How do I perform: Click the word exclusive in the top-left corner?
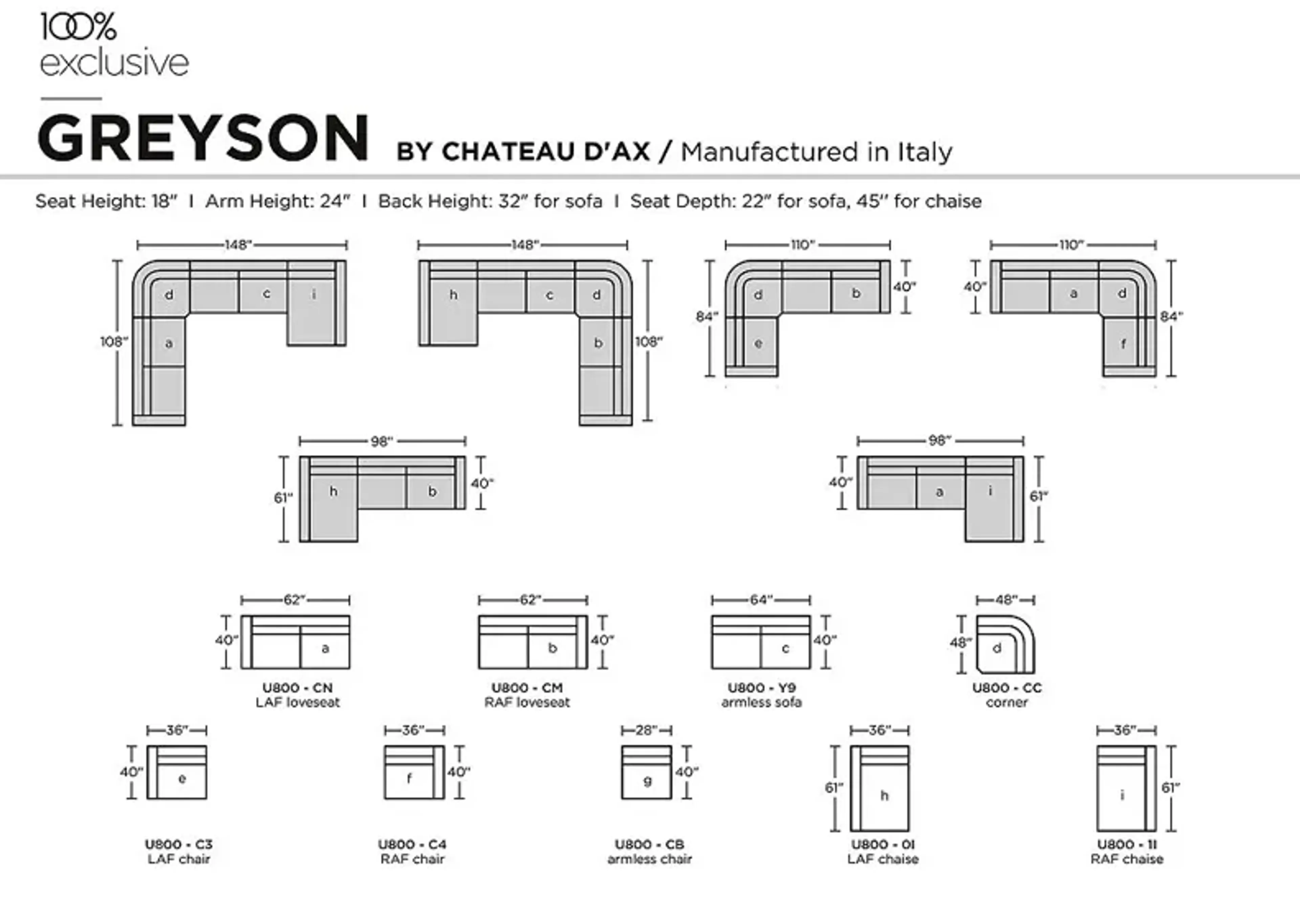pyautogui.click(x=114, y=63)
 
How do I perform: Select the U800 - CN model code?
pyautogui.click(x=298, y=688)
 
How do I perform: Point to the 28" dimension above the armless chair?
pyautogui.click(x=646, y=730)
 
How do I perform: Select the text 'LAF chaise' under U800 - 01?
pyautogui.click(x=883, y=859)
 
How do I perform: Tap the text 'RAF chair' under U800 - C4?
pyautogui.click(x=412, y=859)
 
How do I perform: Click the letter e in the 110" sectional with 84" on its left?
pyautogui.click(x=758, y=343)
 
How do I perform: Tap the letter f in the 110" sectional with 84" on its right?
pyautogui.click(x=1123, y=344)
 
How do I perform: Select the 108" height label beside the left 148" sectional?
pyautogui.click(x=114, y=341)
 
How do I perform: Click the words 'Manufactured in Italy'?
pyautogui.click(x=817, y=152)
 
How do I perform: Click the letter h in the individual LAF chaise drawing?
pyautogui.click(x=884, y=796)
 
